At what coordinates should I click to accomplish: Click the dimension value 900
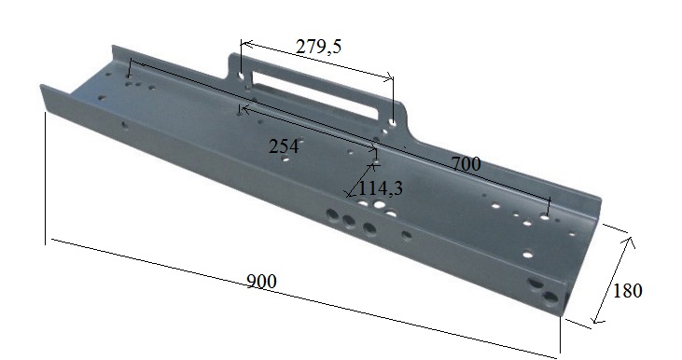click(x=262, y=282)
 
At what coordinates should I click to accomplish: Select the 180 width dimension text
click(x=628, y=290)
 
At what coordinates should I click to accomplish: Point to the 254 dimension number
click(x=283, y=146)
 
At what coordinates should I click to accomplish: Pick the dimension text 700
click(x=466, y=164)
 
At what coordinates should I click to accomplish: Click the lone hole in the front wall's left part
click(x=125, y=122)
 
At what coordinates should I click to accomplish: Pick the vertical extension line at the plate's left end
click(x=46, y=177)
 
